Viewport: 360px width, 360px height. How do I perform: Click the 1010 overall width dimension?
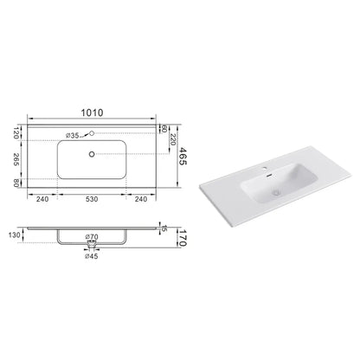tap(92, 112)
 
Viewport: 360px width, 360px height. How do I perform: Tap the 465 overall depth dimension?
tap(183, 156)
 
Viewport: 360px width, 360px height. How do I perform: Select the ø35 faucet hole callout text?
tap(72, 135)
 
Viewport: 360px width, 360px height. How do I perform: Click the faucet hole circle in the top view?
tap(92, 133)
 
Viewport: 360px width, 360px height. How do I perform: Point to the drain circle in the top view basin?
tap(92, 154)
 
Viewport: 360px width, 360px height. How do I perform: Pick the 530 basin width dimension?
tap(92, 199)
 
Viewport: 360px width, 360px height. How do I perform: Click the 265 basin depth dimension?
tap(16, 159)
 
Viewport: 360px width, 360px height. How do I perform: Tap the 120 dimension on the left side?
tap(16, 132)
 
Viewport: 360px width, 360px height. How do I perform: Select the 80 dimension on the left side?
tap(16, 183)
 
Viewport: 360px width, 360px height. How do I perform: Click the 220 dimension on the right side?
tap(172, 139)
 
